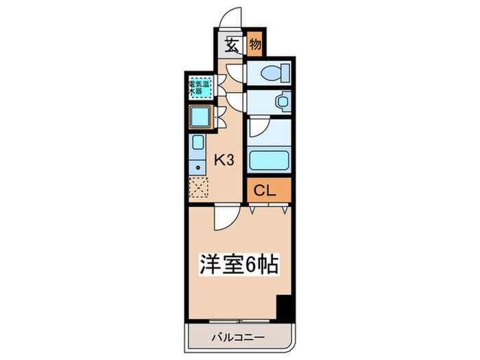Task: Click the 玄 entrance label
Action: click(x=232, y=47)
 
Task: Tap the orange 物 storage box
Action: click(x=254, y=46)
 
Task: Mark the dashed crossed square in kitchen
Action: click(x=198, y=187)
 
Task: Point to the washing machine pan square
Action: click(x=201, y=118)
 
